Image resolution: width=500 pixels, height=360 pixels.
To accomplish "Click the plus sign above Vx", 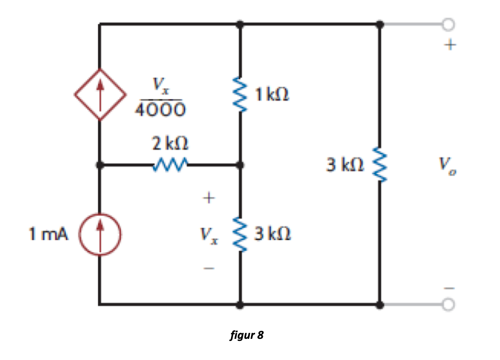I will (208, 198).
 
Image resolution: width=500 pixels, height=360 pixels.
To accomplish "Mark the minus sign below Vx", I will (208, 268).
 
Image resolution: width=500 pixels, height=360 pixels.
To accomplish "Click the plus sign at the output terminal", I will (448, 45).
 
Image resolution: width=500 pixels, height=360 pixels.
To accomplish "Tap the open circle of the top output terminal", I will (448, 25).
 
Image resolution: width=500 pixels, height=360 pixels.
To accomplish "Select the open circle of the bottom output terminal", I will (448, 304).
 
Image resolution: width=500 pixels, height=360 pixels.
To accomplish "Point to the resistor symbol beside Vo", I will (380, 165).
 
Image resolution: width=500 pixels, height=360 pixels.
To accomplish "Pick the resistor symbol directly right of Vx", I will (240, 235).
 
